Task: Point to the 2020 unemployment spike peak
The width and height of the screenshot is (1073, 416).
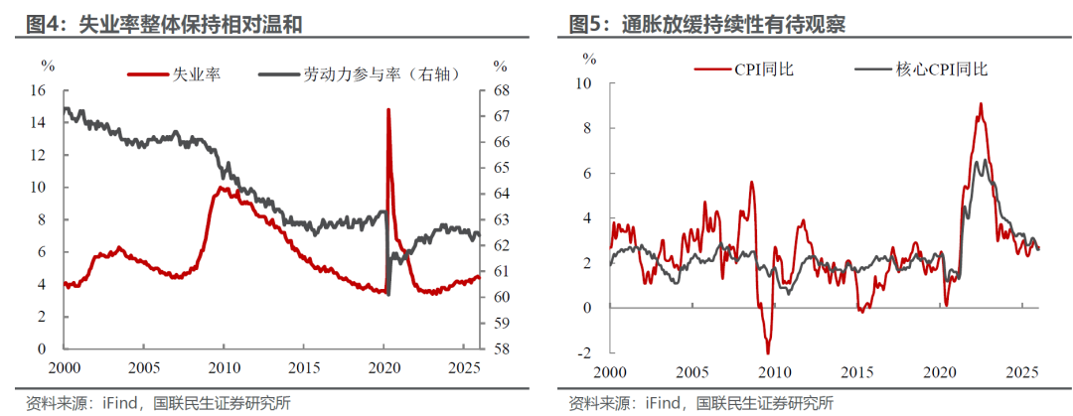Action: click(387, 110)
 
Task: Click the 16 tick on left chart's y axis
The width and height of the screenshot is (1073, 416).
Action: click(39, 90)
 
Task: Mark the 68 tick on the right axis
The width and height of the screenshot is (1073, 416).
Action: click(502, 90)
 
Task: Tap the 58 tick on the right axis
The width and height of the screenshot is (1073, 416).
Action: click(502, 348)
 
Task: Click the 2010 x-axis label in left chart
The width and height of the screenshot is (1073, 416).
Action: click(224, 367)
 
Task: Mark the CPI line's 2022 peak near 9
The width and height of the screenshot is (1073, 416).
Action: click(981, 104)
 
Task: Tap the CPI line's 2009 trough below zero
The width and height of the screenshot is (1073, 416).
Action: click(767, 351)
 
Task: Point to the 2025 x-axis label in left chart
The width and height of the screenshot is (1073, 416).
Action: click(463, 367)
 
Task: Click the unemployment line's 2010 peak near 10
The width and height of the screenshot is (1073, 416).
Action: click(221, 188)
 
